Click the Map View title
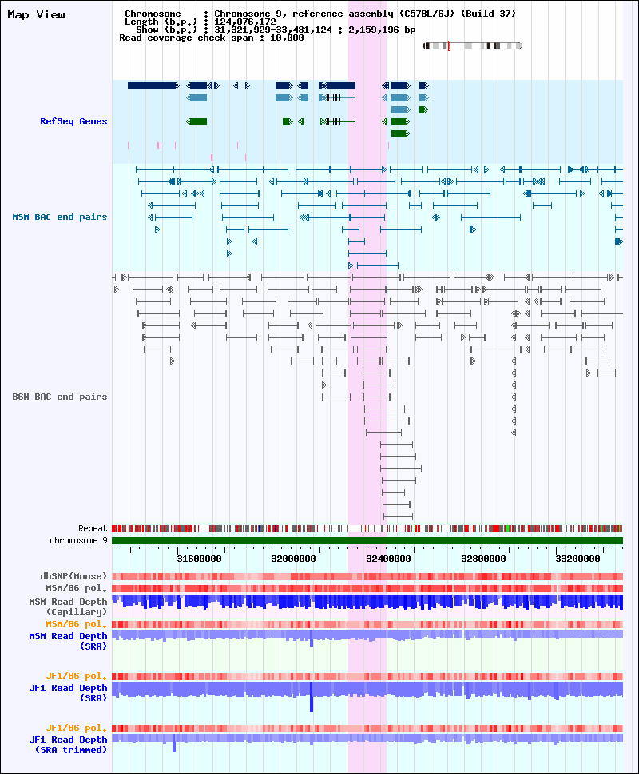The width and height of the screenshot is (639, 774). (36, 14)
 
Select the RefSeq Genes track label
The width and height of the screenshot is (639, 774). (73, 121)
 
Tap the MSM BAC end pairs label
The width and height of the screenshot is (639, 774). (59, 217)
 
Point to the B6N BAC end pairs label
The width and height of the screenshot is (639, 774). (59, 397)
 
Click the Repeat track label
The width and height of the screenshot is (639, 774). (93, 528)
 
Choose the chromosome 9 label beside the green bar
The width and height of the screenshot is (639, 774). (78, 540)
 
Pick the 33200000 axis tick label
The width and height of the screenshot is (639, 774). (577, 559)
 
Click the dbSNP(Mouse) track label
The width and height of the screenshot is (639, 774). (73, 576)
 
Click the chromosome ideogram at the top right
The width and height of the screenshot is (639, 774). (472, 45)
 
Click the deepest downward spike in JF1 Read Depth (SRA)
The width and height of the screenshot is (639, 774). (312, 706)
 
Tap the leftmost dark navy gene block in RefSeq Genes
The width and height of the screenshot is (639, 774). (152, 85)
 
